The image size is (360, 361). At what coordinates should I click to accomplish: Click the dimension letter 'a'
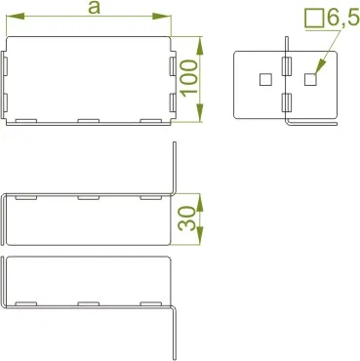[95, 8]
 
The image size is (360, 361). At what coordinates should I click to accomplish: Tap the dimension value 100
[189, 78]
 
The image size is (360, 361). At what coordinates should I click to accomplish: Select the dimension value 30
[187, 219]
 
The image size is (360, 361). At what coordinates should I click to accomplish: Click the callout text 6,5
[342, 19]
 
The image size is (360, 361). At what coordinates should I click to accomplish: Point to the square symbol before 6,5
[314, 19]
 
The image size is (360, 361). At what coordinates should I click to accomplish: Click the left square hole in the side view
[265, 79]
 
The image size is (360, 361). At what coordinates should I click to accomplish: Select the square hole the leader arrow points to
[310, 79]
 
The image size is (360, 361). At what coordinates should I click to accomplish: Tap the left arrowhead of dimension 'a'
[16, 16]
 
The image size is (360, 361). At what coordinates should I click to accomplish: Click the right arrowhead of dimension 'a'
[162, 16]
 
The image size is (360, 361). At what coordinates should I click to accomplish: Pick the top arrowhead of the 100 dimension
[200, 46]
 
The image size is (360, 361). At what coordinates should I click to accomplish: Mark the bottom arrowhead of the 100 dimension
[200, 113]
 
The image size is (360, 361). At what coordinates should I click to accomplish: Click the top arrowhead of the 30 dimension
[200, 202]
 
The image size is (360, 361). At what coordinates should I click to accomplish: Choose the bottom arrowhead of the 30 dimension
[200, 236]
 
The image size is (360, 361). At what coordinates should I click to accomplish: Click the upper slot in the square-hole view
[286, 67]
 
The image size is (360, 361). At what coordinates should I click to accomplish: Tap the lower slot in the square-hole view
[286, 102]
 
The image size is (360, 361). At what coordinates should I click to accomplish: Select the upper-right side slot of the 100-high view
[173, 67]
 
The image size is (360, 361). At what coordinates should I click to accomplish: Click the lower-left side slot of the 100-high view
[5, 102]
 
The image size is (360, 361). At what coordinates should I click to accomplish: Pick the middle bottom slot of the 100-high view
[88, 121]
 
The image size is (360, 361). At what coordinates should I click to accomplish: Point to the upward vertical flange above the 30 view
[175, 168]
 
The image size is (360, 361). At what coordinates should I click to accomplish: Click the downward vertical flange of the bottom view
[175, 333]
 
